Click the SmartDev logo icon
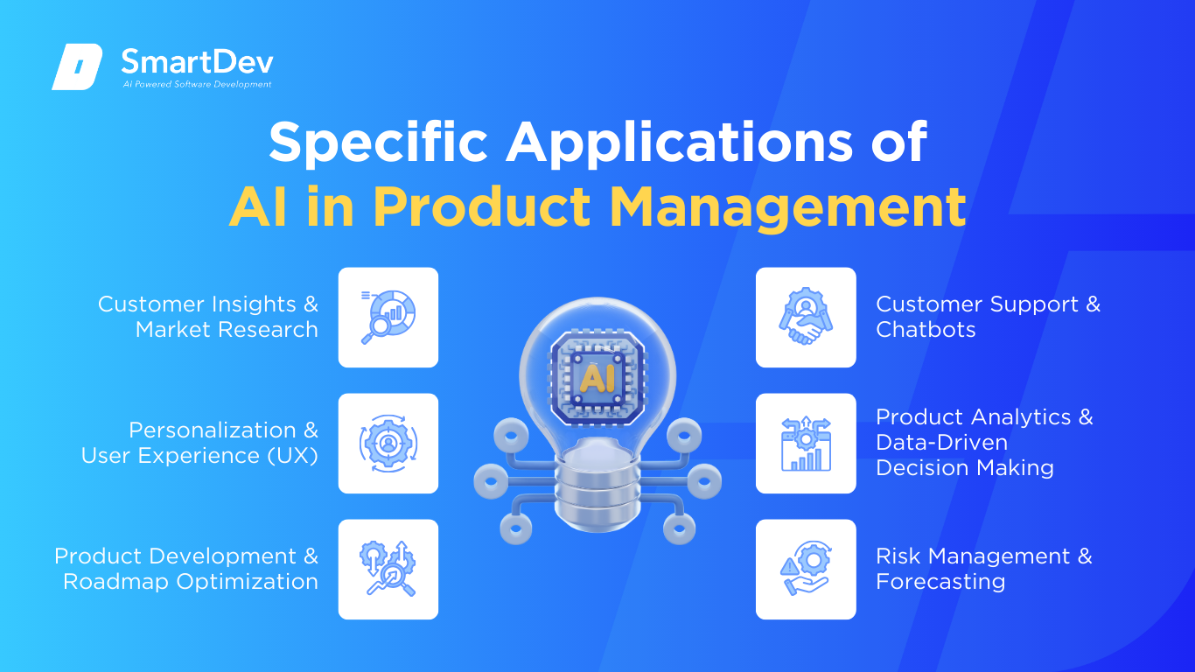pyautogui.click(x=77, y=66)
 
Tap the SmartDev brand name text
pyautogui.click(x=198, y=62)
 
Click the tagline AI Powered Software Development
pyautogui.click(x=197, y=84)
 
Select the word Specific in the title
pyautogui.click(x=378, y=142)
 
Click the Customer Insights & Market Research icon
pyautogui.click(x=388, y=317)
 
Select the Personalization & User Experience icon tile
pyautogui.click(x=388, y=443)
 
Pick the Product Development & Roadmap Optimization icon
pyautogui.click(x=388, y=569)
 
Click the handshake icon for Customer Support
pyautogui.click(x=806, y=317)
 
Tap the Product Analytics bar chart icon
pyautogui.click(x=806, y=444)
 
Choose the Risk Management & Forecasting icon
pyautogui.click(x=806, y=569)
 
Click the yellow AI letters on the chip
pyautogui.click(x=597, y=378)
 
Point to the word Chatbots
pyautogui.click(x=926, y=330)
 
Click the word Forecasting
pyautogui.click(x=940, y=582)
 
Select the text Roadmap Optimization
pyautogui.click(x=191, y=582)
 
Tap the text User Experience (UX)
pyautogui.click(x=199, y=456)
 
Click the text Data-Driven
pyautogui.click(x=941, y=443)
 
